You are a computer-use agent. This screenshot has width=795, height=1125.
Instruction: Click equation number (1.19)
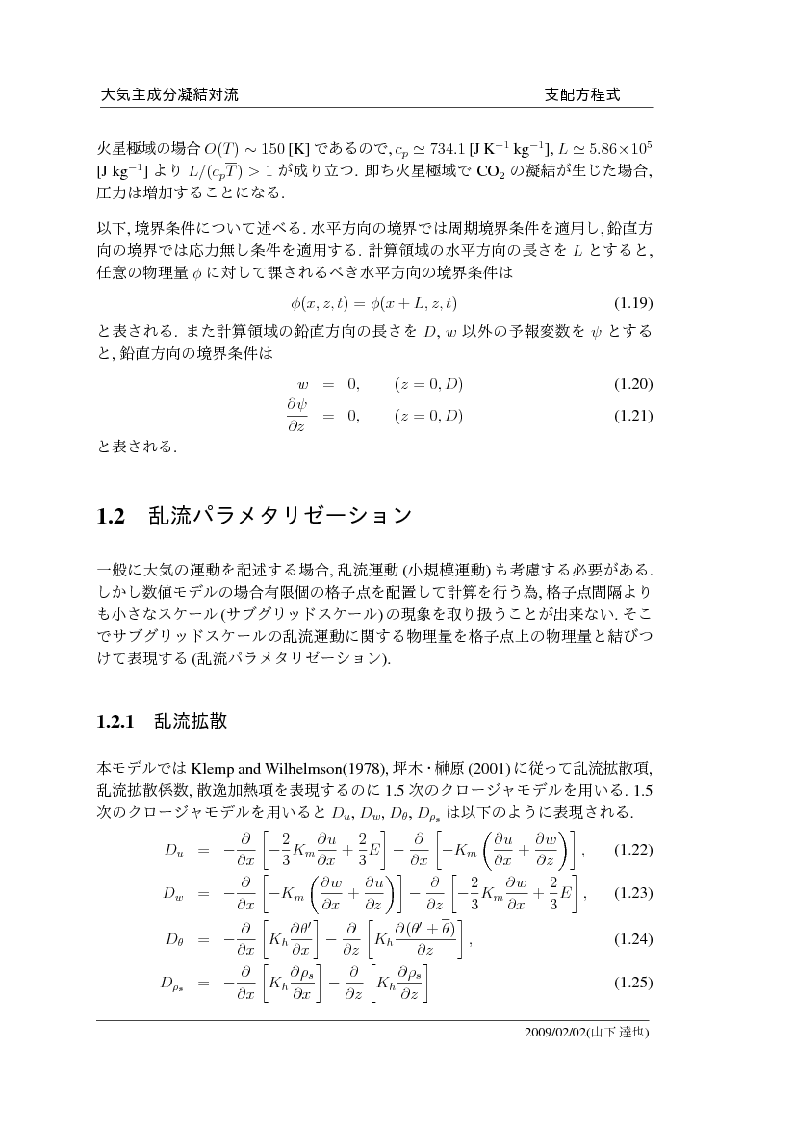tap(633, 303)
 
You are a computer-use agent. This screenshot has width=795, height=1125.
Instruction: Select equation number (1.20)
tap(633, 385)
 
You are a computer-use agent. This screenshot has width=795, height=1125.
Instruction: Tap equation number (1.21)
tap(633, 417)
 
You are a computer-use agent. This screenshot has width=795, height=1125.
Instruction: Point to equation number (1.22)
tap(633, 850)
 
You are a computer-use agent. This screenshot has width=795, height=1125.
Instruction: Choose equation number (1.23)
tap(633, 894)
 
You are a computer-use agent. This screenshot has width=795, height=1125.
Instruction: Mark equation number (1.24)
tap(633, 939)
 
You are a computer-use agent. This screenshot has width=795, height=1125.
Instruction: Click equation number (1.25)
tap(633, 983)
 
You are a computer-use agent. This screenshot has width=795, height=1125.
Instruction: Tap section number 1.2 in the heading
tap(112, 517)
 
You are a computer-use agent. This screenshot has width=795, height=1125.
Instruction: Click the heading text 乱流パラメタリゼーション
tap(280, 517)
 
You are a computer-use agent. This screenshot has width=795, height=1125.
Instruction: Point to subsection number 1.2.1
tap(119, 722)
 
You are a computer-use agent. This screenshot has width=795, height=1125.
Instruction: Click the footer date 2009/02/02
tap(557, 1033)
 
